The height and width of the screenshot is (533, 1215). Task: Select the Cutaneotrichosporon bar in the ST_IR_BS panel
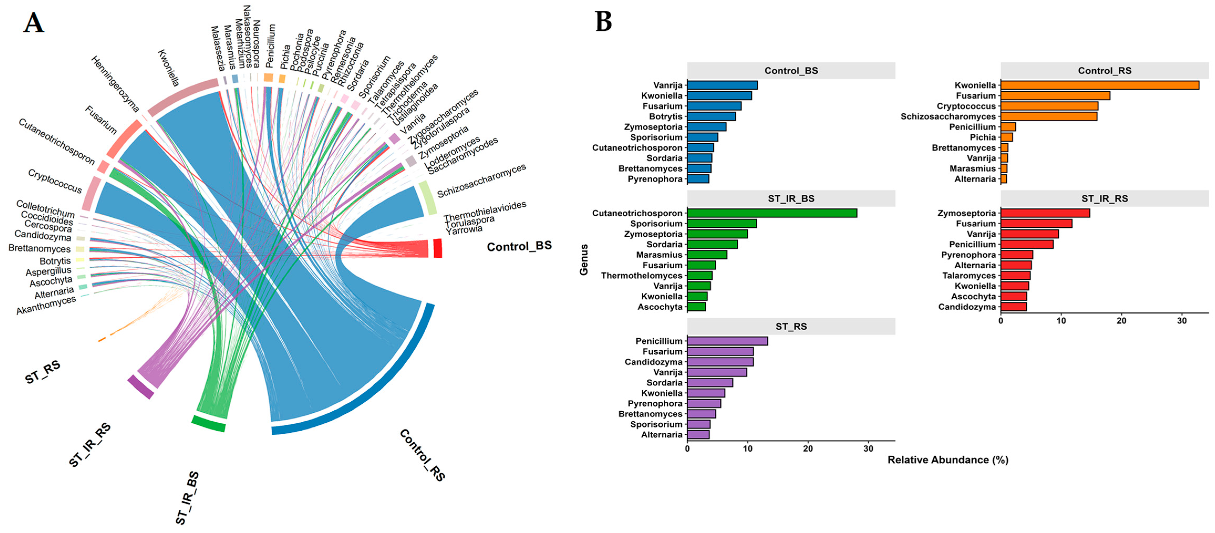click(x=772, y=213)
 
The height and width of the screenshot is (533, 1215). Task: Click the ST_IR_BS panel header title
click(x=791, y=198)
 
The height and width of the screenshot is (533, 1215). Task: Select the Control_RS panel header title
click(x=1105, y=71)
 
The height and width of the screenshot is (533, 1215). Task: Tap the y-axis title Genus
click(x=584, y=259)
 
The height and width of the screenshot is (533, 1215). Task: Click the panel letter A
click(x=34, y=23)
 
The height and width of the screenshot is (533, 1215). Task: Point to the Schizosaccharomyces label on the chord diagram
click(x=481, y=181)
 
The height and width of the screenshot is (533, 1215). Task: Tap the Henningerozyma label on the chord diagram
click(x=115, y=84)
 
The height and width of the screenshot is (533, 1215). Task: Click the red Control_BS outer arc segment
click(x=437, y=248)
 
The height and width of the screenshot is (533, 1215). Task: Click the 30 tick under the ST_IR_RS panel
click(x=1181, y=321)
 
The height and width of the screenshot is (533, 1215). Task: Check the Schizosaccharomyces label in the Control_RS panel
click(x=948, y=117)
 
